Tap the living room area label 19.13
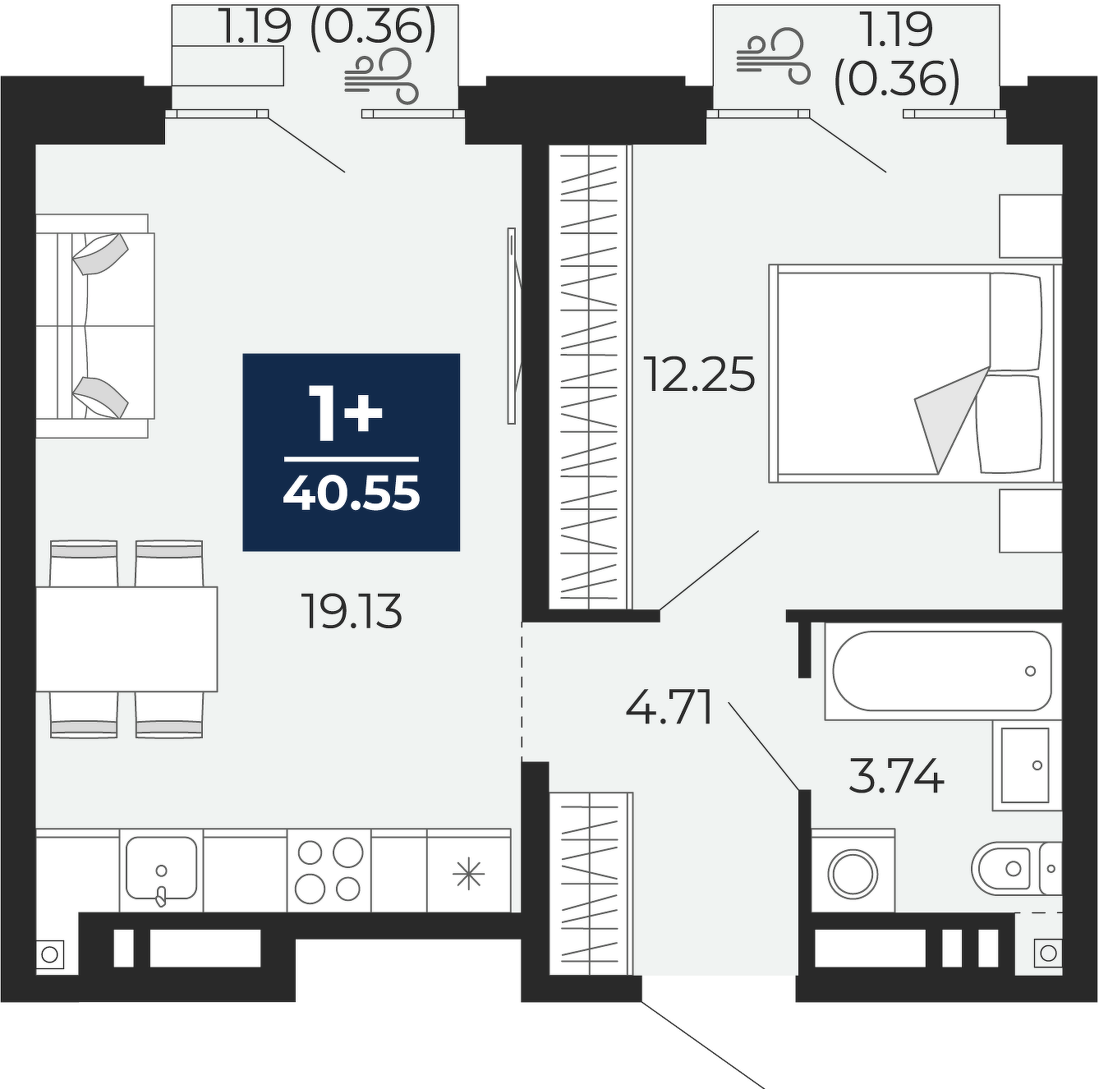click(x=353, y=611)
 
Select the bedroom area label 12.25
click(x=699, y=374)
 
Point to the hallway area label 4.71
click(x=669, y=707)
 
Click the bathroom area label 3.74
click(x=897, y=776)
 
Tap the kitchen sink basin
click(x=161, y=867)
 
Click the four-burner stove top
click(x=329, y=870)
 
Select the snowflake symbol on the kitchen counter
click(x=469, y=873)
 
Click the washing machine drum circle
click(x=852, y=874)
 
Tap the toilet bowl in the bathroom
click(x=1003, y=869)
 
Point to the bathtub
click(x=941, y=671)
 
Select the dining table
click(x=126, y=639)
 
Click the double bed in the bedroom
click(x=915, y=374)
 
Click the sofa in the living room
click(x=95, y=326)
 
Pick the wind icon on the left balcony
click(x=381, y=76)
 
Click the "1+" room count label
click(x=346, y=412)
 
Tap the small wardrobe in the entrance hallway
click(x=591, y=884)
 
